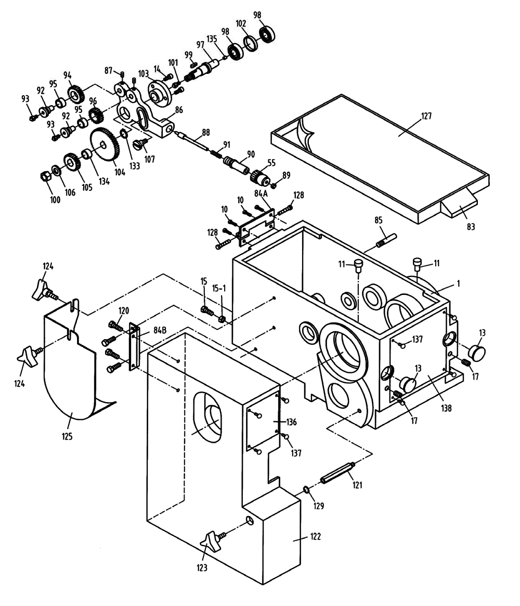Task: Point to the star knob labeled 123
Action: [x=211, y=544]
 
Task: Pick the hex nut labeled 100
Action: [x=45, y=175]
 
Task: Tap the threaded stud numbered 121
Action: [x=337, y=472]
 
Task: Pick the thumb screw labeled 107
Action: [x=140, y=141]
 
